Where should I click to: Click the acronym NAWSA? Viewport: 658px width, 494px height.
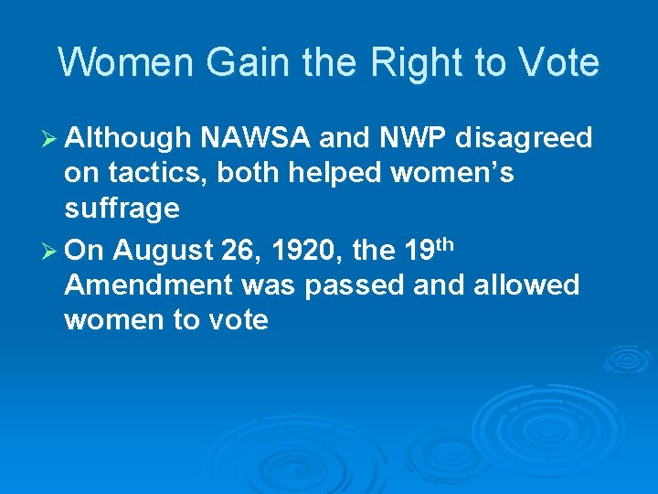[x=256, y=138]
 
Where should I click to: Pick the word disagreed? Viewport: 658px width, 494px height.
[x=525, y=139]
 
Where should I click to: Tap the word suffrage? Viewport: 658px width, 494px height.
[x=122, y=209]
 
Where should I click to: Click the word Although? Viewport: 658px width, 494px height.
[x=128, y=138]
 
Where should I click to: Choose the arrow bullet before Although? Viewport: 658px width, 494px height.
[x=52, y=139]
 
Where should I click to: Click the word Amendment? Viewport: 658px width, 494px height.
[x=149, y=285]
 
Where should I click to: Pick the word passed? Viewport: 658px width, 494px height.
[x=356, y=285]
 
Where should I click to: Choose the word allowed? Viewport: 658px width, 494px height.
[x=525, y=285]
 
